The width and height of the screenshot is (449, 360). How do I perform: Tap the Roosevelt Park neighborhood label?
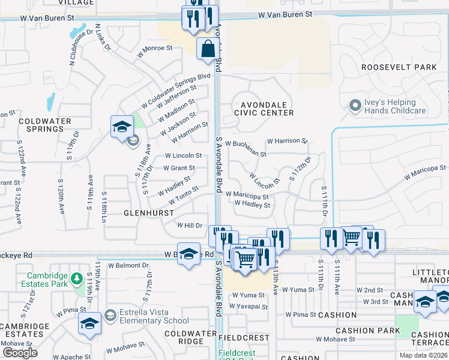click(399, 67)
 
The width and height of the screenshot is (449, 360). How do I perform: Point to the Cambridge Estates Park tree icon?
click(76, 279)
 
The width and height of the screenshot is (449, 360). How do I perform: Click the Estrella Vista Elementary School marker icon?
click(110, 315)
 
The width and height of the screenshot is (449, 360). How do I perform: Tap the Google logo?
click(20, 353)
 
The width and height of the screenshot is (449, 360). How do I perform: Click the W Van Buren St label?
click(286, 13)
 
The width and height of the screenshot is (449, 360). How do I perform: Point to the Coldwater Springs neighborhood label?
click(41, 124)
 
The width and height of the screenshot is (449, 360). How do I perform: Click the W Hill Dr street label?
click(189, 225)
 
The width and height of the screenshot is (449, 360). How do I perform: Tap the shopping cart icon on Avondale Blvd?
click(245, 260)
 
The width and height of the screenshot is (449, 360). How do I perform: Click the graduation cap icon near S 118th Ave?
click(122, 127)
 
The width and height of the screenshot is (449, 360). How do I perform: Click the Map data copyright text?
click(423, 355)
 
